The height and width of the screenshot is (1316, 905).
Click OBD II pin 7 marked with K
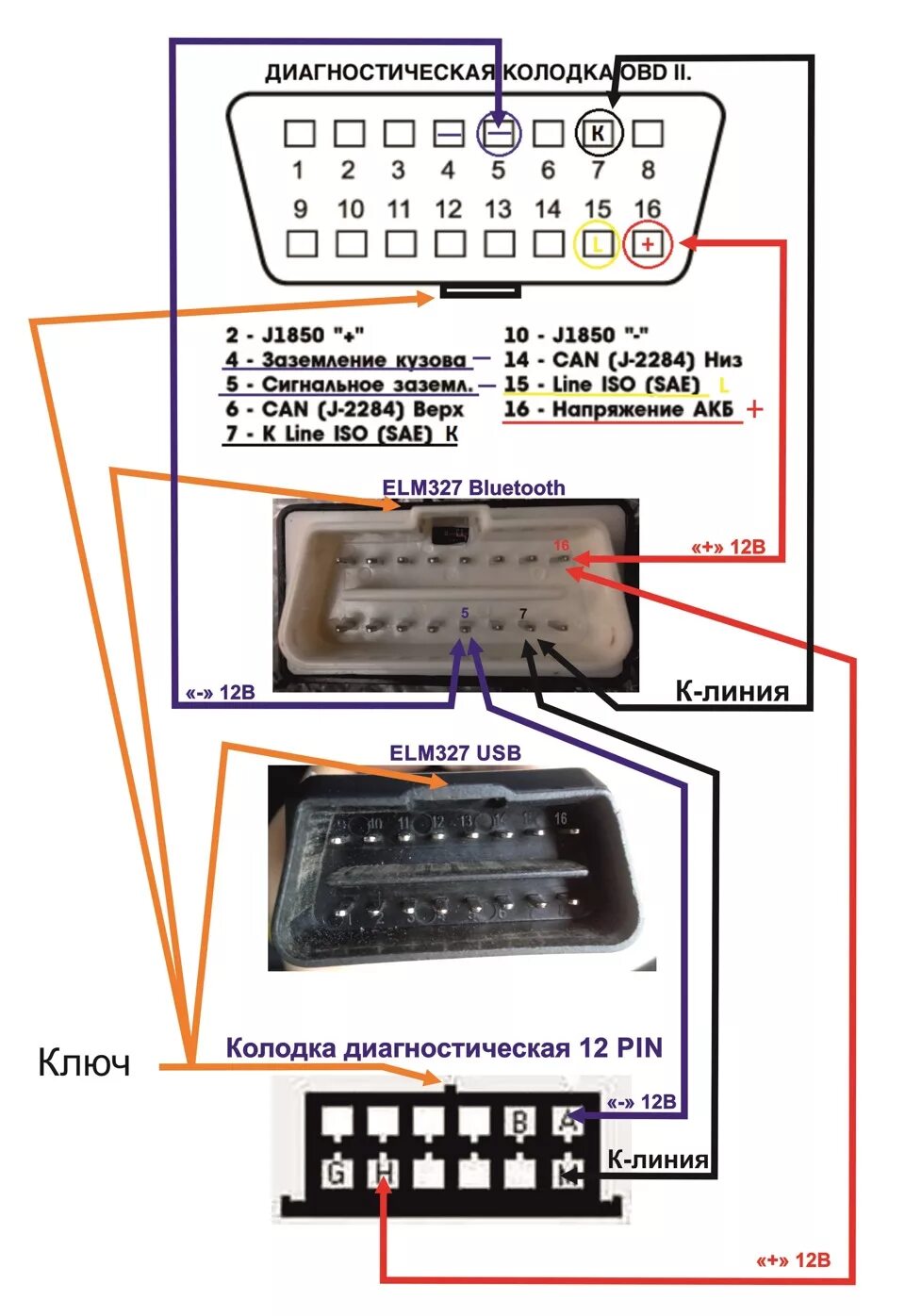click(598, 133)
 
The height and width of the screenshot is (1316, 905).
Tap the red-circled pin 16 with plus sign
click(648, 244)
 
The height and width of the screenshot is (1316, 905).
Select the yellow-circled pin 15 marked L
click(596, 244)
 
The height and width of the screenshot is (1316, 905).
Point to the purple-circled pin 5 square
click(500, 134)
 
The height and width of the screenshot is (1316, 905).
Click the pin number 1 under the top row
click(298, 171)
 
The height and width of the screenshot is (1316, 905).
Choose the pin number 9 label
click(300, 208)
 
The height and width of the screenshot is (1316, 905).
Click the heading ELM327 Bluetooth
click(473, 487)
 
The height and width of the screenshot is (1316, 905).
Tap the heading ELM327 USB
click(454, 752)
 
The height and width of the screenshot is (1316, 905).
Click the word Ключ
click(84, 1062)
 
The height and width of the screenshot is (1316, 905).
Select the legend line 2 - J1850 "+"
click(294, 335)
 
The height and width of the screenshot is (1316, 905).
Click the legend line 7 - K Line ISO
click(339, 434)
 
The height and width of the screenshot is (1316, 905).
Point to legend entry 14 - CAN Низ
click(622, 359)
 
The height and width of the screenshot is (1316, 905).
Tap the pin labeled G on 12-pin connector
click(336, 1173)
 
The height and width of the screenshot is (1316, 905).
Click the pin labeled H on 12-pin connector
click(383, 1173)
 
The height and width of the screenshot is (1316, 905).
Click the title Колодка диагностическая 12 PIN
click(444, 1047)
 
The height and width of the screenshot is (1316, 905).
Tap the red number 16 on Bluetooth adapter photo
click(561, 546)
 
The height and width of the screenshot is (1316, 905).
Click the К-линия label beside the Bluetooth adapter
click(732, 691)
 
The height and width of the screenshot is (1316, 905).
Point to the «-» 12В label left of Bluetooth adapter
click(220, 693)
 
